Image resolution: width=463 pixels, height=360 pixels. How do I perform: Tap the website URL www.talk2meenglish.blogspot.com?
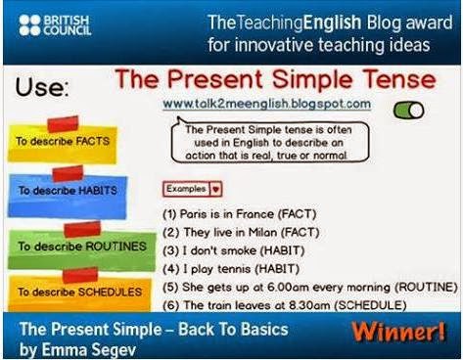[266, 103]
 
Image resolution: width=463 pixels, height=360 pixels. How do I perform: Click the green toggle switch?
[407, 112]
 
